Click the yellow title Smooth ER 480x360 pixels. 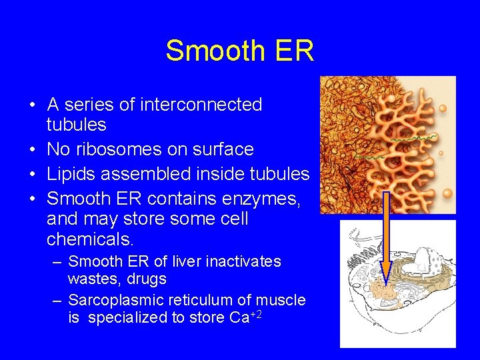tap(239, 51)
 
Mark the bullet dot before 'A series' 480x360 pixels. tap(32, 105)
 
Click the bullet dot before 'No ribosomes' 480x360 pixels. tap(32, 150)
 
